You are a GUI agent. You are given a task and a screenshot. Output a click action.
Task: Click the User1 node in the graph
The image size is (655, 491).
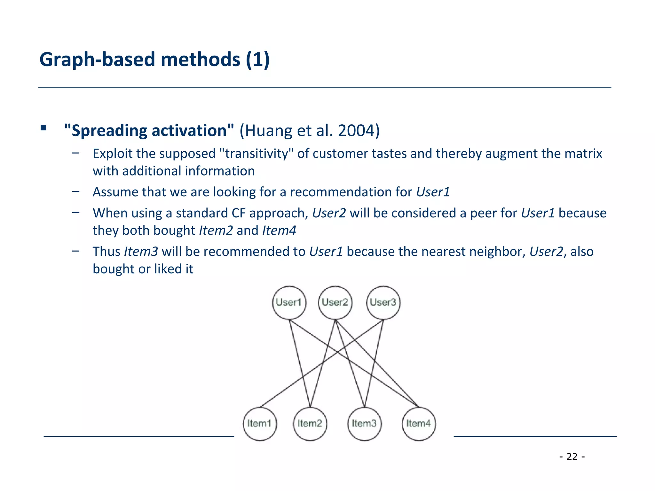click(289, 302)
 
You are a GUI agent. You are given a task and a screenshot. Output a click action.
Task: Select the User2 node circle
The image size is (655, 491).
click(335, 302)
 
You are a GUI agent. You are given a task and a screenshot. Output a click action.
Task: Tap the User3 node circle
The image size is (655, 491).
click(383, 302)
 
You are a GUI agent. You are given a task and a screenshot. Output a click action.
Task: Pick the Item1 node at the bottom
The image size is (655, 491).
click(260, 424)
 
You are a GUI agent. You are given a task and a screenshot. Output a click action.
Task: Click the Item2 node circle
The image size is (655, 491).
click(310, 424)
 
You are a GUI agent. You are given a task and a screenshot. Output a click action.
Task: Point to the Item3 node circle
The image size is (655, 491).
click(364, 424)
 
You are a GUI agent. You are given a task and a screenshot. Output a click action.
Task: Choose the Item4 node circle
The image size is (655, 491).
click(419, 424)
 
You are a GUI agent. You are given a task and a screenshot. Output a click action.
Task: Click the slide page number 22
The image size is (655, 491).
click(572, 456)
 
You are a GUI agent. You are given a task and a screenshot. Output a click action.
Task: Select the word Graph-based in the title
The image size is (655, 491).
click(98, 60)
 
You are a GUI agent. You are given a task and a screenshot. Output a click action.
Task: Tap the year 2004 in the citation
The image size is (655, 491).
click(356, 131)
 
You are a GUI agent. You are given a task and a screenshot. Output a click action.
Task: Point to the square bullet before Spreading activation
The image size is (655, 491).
click(43, 128)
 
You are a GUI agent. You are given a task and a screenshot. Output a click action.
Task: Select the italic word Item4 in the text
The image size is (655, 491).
click(279, 230)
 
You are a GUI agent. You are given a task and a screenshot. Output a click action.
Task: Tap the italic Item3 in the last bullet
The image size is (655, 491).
click(141, 252)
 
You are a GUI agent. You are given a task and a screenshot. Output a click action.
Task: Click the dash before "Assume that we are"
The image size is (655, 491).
click(76, 191)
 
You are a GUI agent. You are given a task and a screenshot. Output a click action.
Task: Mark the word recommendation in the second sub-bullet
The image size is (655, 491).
click(340, 192)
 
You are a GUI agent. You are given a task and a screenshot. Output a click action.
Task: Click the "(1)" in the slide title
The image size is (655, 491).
click(258, 60)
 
